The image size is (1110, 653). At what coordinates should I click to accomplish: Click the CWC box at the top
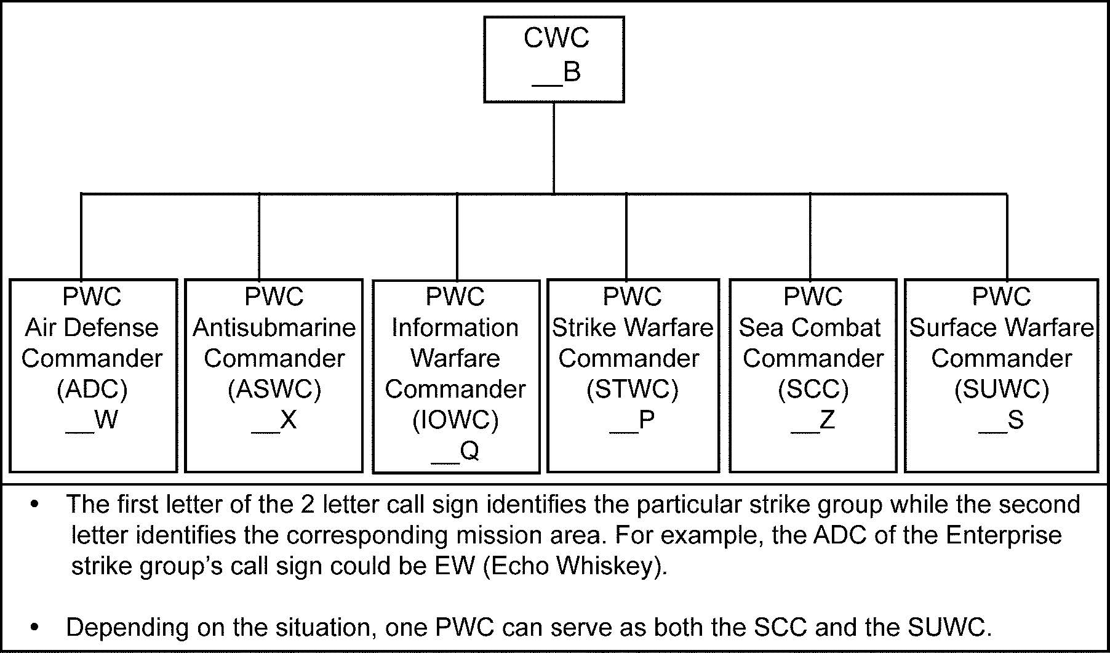coord(554,58)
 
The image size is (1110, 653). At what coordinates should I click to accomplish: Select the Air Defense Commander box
coord(93,375)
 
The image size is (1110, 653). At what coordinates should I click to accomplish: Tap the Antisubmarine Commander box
coord(274,375)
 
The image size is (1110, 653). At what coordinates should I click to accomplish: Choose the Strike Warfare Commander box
coord(633,375)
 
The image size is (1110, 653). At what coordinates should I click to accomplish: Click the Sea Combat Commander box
coord(812,375)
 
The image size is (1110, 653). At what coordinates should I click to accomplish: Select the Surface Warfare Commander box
coord(1001,375)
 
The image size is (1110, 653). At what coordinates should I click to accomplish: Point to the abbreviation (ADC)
coord(92,389)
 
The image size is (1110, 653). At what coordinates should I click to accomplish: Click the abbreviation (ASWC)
coord(274,389)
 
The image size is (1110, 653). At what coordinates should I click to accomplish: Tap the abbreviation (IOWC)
coord(455,420)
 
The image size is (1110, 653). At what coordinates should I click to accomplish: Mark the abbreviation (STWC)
coord(633,389)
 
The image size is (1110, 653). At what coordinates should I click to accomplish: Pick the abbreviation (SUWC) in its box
coord(1001,389)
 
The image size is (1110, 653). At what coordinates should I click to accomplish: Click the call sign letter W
coord(106,420)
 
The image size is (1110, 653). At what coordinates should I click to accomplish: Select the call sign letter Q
coord(469,451)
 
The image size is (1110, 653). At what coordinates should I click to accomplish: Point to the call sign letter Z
coord(827,420)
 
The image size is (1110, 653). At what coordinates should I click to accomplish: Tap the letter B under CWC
coord(572,72)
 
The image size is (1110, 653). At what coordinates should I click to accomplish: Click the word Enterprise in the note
coord(1004,535)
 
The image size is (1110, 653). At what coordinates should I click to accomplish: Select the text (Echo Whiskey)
coord(575,566)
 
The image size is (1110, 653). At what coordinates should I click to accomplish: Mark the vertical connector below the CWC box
coord(554,148)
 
